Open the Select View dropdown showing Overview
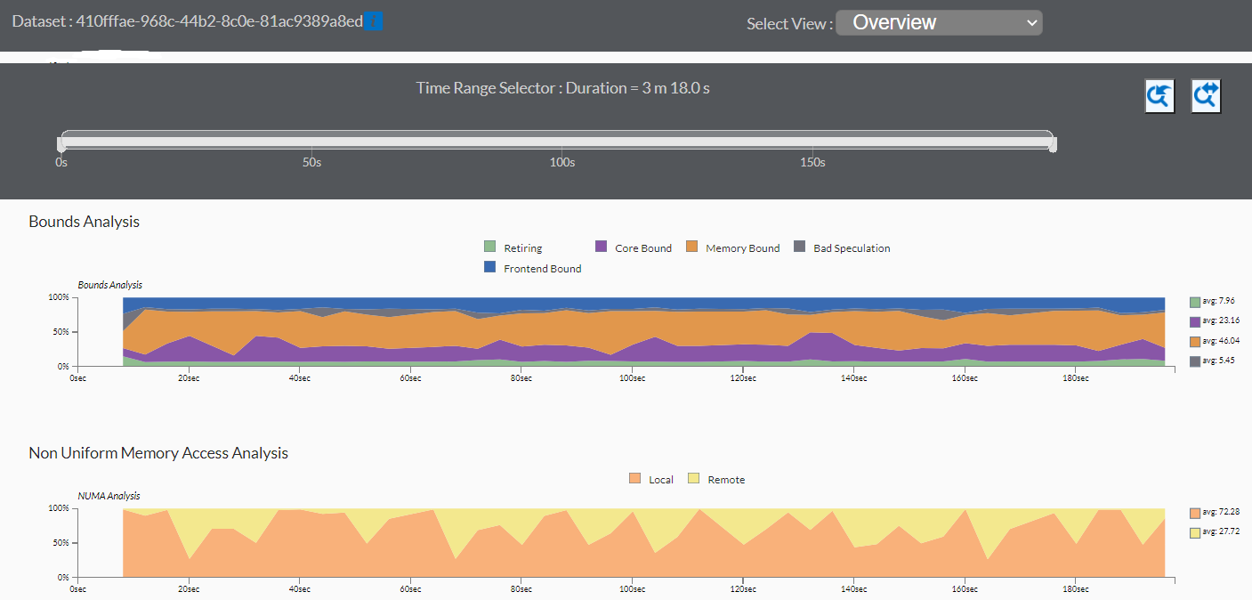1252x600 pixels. click(939, 23)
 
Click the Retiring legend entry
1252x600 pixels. click(522, 248)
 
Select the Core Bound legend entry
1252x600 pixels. click(642, 248)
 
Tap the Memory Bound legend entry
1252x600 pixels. click(742, 248)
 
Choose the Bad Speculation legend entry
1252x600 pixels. click(851, 248)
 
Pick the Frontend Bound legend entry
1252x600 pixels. click(542, 269)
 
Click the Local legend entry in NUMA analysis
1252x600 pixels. click(660, 480)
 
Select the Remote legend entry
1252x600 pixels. click(726, 480)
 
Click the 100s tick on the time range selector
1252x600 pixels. click(562, 163)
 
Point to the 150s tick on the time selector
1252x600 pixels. click(812, 163)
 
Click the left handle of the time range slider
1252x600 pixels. click(61, 142)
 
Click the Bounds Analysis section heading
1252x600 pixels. click(84, 222)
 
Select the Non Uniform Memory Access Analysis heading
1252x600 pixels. click(158, 453)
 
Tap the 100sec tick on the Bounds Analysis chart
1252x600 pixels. click(632, 378)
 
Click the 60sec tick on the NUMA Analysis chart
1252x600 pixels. click(410, 589)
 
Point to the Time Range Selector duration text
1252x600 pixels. click(562, 88)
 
